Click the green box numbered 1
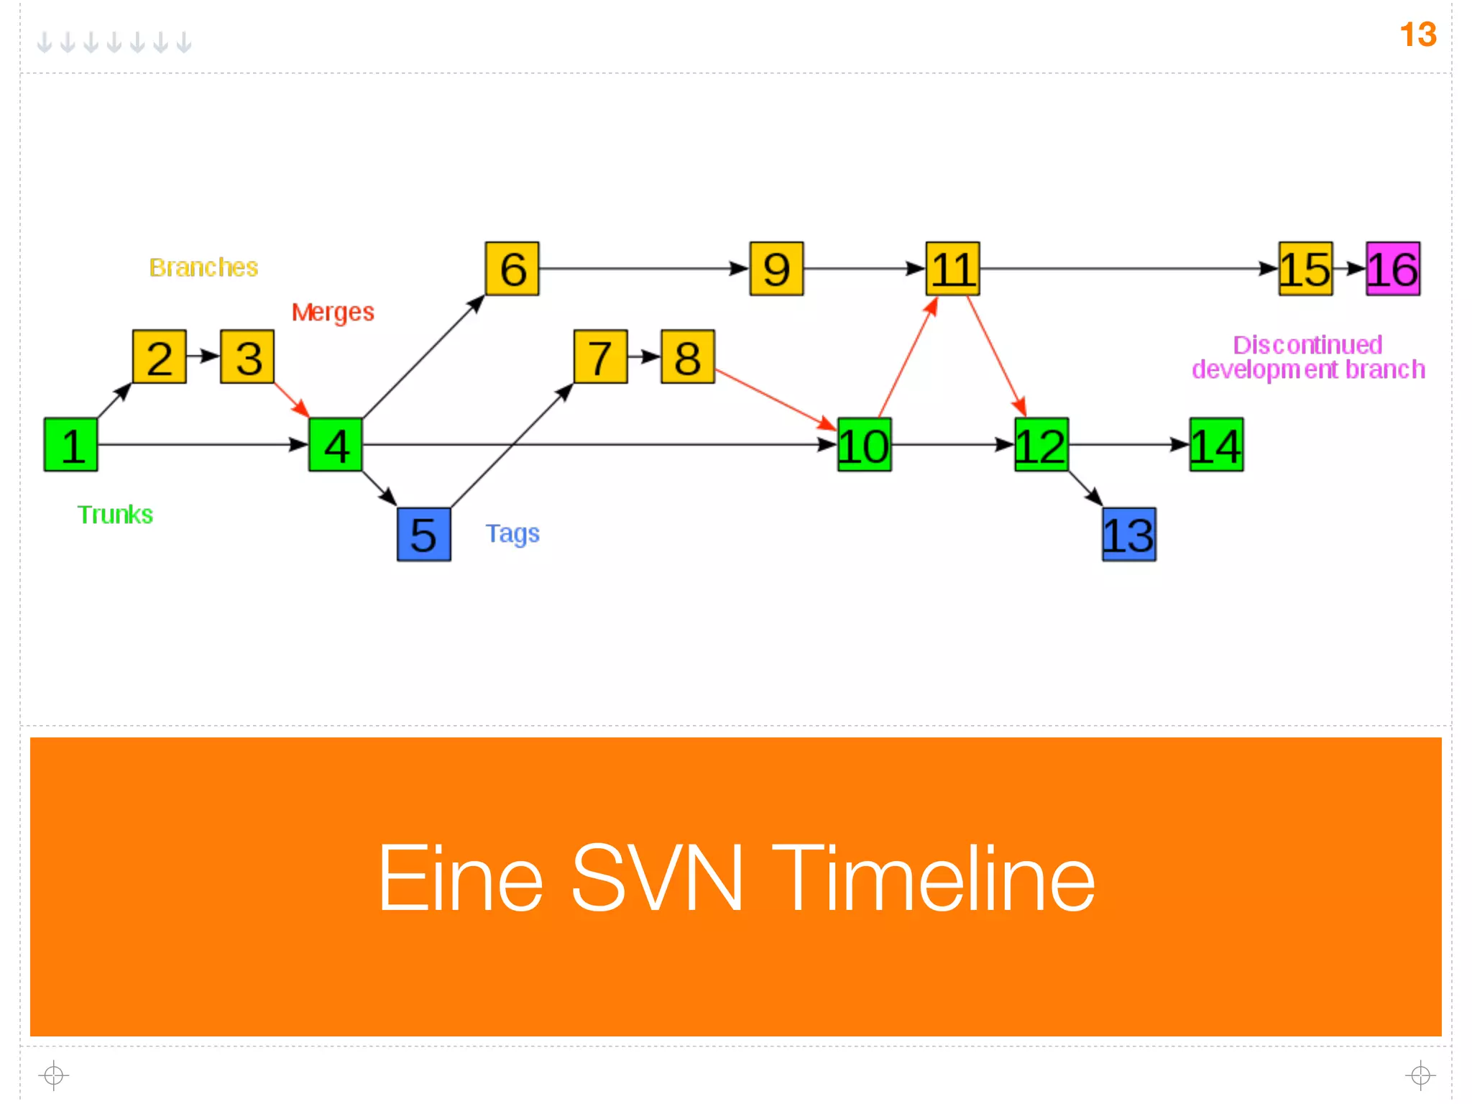70,444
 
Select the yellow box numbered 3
247,356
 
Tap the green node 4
336,444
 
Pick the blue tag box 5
424,534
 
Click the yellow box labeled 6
512,269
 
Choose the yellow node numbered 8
688,356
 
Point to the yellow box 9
776,269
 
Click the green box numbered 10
865,444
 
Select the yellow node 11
952,269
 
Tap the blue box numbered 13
1129,534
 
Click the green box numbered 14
1216,444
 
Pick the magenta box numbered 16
1393,269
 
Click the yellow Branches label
203,267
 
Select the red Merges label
333,312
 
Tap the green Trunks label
115,515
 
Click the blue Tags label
512,533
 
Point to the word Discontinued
1307,345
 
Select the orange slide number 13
1417,34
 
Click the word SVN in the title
656,878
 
